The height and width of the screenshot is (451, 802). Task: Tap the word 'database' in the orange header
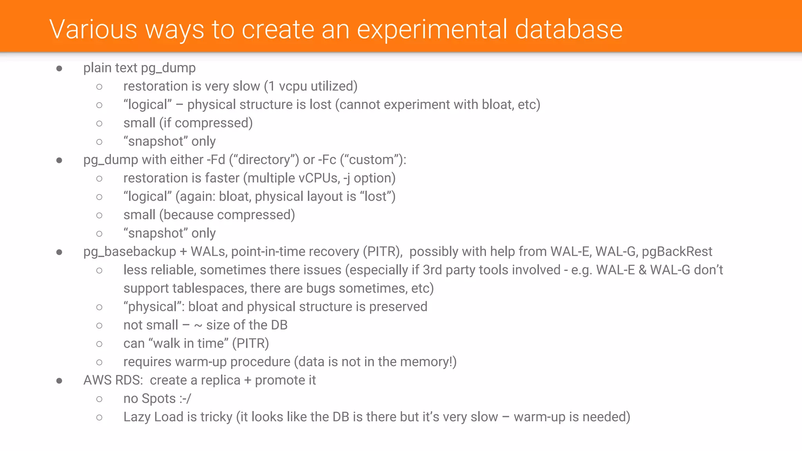tap(569, 30)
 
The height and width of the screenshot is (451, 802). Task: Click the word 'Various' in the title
tap(93, 30)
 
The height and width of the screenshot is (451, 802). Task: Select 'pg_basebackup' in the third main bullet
tap(130, 252)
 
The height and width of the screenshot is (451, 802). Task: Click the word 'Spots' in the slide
tap(159, 399)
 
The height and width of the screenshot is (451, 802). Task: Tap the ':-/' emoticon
tap(185, 399)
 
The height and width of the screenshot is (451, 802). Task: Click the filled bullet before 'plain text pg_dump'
tap(59, 69)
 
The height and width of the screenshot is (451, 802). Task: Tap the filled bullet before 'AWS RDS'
tap(59, 381)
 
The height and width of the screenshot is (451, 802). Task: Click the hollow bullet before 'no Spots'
tap(99, 399)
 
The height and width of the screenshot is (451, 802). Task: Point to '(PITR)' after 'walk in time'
tap(251, 344)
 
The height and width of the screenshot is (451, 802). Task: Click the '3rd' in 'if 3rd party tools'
tap(432, 270)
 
